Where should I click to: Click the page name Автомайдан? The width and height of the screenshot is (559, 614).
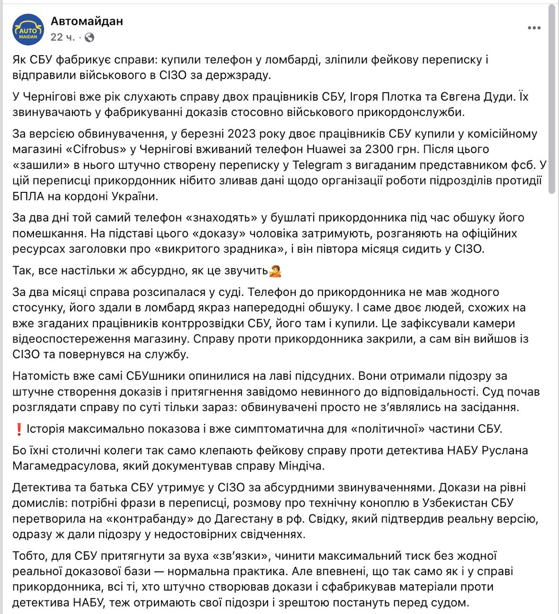click(87, 21)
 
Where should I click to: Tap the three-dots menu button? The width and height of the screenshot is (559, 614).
click(534, 28)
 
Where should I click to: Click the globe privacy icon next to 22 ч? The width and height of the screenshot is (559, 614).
click(90, 37)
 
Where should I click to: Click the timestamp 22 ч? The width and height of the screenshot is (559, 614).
click(63, 37)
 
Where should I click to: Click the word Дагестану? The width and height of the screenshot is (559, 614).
click(238, 519)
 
